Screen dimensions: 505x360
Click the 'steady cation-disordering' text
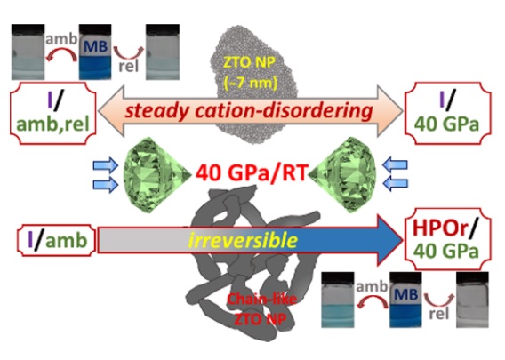pyautogui.click(x=249, y=111)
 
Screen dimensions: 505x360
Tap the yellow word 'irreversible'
pyautogui.click(x=243, y=240)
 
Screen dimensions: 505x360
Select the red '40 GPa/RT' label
pyautogui.click(x=252, y=172)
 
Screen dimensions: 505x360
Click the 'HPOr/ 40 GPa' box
pyautogui.click(x=448, y=239)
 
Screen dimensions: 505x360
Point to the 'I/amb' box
pyautogui.click(x=57, y=240)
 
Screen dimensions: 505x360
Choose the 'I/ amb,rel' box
pyautogui.click(x=53, y=113)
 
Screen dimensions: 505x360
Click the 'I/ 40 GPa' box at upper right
pyautogui.click(x=448, y=113)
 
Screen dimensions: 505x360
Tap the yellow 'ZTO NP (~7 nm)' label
pyautogui.click(x=250, y=73)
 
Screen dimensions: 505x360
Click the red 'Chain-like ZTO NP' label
pyautogui.click(x=261, y=309)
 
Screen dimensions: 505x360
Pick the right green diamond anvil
pyautogui.click(x=342, y=174)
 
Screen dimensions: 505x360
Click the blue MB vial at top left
pyautogui.click(x=95, y=52)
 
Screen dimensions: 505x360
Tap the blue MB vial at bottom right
pyautogui.click(x=405, y=300)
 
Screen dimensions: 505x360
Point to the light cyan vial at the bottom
pyautogui.click(x=338, y=300)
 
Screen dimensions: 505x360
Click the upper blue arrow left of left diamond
pyautogui.click(x=106, y=165)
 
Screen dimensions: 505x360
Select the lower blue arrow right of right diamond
pyautogui.click(x=395, y=183)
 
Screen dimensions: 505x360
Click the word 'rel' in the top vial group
pyautogui.click(x=129, y=66)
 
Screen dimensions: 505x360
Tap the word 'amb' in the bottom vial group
pyautogui.click(x=372, y=286)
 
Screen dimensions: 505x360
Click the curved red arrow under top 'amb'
pyautogui.click(x=62, y=53)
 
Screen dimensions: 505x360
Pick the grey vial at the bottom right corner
pyautogui.click(x=472, y=300)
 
